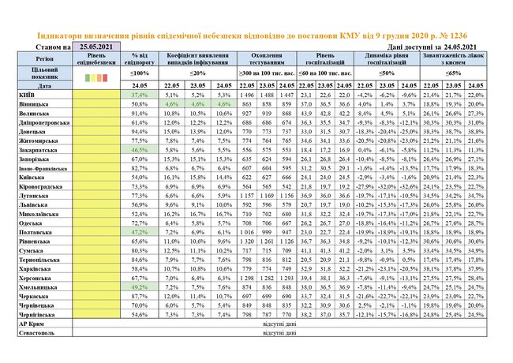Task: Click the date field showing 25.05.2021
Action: (98, 47)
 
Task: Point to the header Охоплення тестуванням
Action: (266, 59)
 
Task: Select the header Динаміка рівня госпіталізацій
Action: (384, 59)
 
